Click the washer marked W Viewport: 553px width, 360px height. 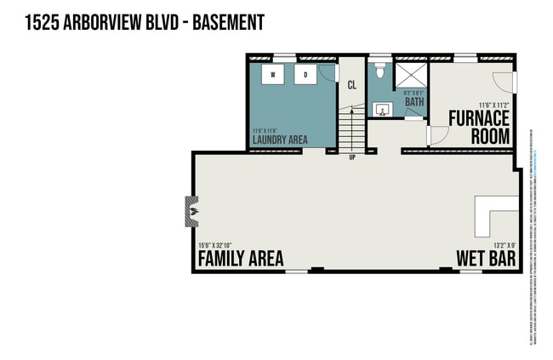tap(273, 75)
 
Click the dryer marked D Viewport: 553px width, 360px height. tap(305, 75)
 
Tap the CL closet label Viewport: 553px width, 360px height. tap(351, 84)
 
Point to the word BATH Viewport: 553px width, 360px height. tap(414, 103)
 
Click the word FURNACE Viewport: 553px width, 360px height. tap(479, 117)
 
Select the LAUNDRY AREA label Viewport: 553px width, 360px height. tap(280, 139)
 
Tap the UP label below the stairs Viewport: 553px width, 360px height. tap(351, 157)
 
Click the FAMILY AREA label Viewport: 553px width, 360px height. tap(241, 259)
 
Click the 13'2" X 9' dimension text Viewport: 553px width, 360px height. tap(499, 245)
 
